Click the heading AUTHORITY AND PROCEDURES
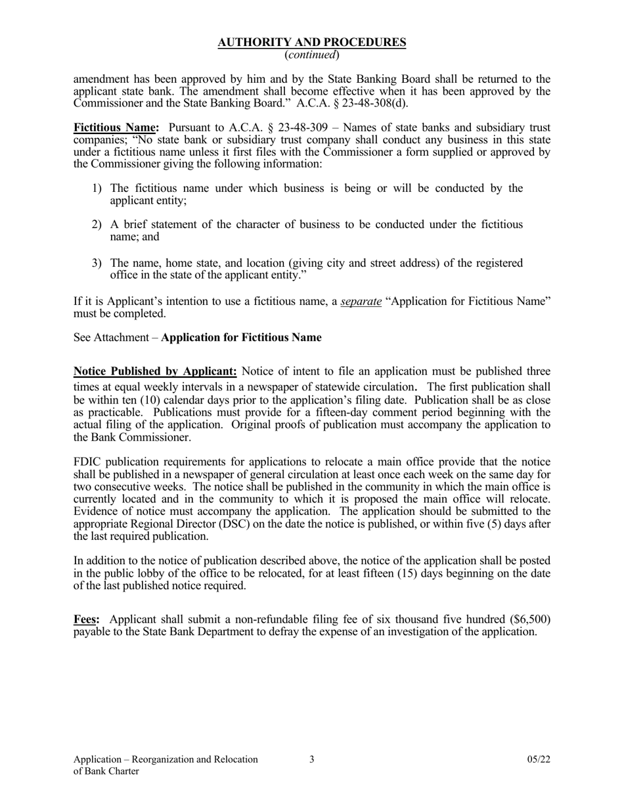pyautogui.click(x=311, y=43)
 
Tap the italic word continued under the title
pyautogui.click(x=312, y=55)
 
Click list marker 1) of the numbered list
pyautogui.click(x=97, y=189)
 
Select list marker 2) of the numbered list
pyautogui.click(x=97, y=225)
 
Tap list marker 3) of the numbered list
pyautogui.click(x=97, y=263)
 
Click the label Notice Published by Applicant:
pyautogui.click(x=155, y=371)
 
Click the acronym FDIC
pyautogui.click(x=87, y=462)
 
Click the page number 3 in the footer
pyautogui.click(x=312, y=759)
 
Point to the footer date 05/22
pyautogui.click(x=539, y=759)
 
